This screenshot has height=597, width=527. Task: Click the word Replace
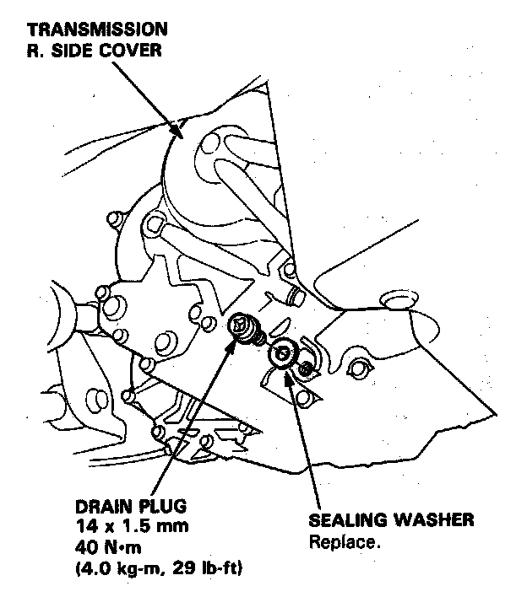[x=345, y=542]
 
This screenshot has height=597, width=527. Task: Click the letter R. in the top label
[x=34, y=49]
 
